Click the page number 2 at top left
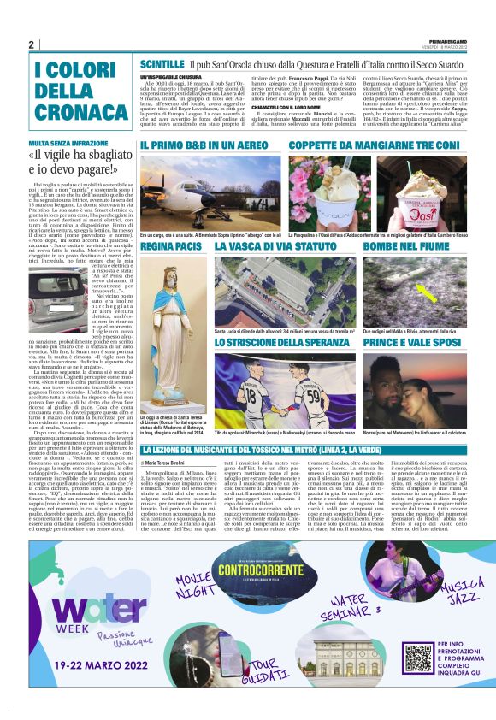pos(31,45)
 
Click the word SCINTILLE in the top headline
pos(162,64)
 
